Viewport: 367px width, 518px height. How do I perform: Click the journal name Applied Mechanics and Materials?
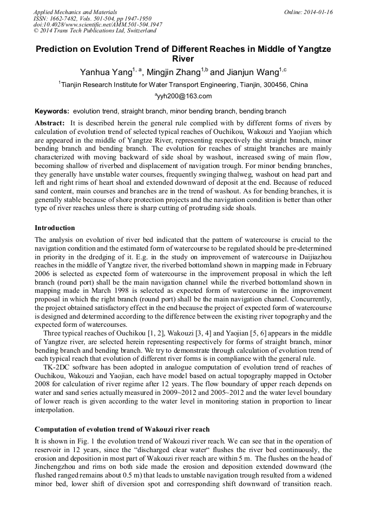(75, 11)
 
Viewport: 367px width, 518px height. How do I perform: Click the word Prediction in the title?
(60, 49)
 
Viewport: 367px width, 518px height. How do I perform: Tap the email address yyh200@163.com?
(185, 96)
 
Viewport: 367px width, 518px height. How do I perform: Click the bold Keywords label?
(52, 110)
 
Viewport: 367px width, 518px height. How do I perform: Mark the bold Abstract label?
(50, 123)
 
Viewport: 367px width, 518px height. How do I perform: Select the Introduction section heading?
(55, 228)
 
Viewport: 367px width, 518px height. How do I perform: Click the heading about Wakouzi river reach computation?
(122, 429)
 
